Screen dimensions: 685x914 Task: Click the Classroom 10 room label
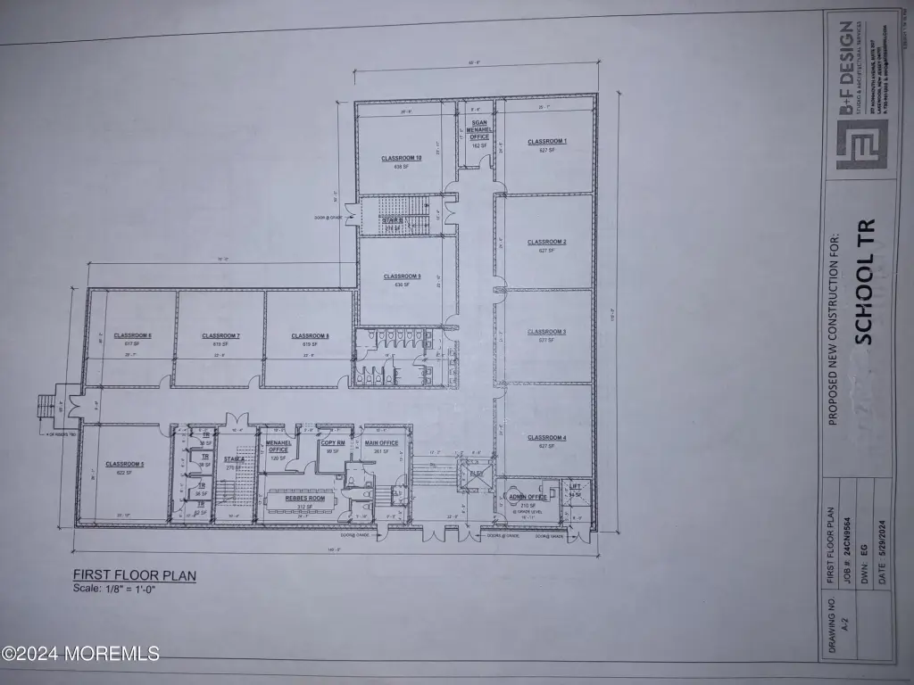pyautogui.click(x=401, y=158)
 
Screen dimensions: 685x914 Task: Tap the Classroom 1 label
pyautogui.click(x=547, y=142)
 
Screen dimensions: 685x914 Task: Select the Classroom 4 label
pyautogui.click(x=546, y=437)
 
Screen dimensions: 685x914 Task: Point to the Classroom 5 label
pyautogui.click(x=124, y=464)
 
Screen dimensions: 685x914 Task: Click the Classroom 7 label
pyautogui.click(x=220, y=336)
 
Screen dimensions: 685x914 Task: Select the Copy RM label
pyautogui.click(x=334, y=442)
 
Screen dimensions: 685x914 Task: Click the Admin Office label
pyautogui.click(x=528, y=497)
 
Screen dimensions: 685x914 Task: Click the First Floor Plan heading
pyautogui.click(x=134, y=575)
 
